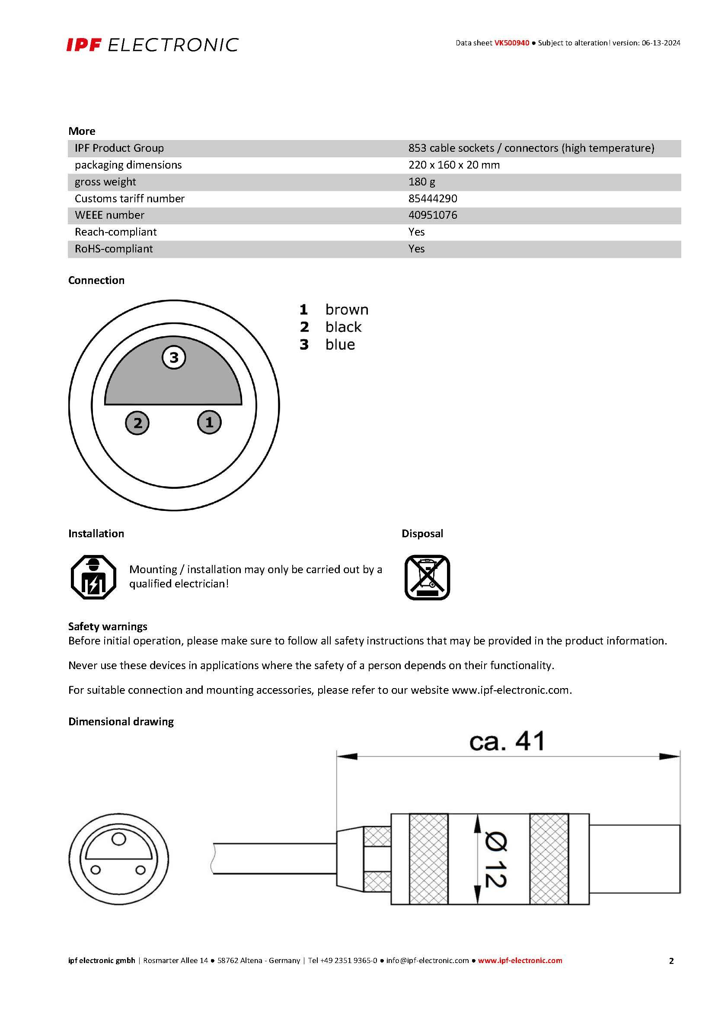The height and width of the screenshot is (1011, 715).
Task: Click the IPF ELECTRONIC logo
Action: (152, 45)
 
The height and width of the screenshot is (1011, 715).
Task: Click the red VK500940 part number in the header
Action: (511, 43)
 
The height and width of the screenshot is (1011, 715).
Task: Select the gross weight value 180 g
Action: (421, 182)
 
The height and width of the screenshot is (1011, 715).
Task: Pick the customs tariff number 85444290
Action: (432, 198)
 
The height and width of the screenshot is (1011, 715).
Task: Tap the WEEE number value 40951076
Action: (432, 215)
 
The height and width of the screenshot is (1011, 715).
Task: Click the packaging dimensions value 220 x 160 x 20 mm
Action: (453, 165)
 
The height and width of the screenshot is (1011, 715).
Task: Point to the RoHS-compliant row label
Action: (114, 249)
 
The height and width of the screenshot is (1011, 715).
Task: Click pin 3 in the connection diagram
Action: (174, 357)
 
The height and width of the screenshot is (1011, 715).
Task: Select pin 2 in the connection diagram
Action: (137, 423)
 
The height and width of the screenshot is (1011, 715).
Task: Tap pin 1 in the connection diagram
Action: (209, 422)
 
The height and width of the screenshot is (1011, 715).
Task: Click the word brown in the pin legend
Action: (347, 310)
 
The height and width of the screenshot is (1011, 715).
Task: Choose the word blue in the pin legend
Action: (340, 345)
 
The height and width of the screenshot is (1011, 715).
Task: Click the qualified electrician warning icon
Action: (93, 577)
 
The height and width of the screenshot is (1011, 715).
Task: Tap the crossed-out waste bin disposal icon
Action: (427, 577)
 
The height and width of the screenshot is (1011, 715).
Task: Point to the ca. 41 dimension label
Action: (507, 742)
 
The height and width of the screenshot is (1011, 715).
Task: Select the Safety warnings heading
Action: (108, 627)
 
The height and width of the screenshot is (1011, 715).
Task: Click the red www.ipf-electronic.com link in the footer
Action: (520, 960)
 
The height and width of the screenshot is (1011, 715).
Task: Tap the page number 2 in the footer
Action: (671, 961)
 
